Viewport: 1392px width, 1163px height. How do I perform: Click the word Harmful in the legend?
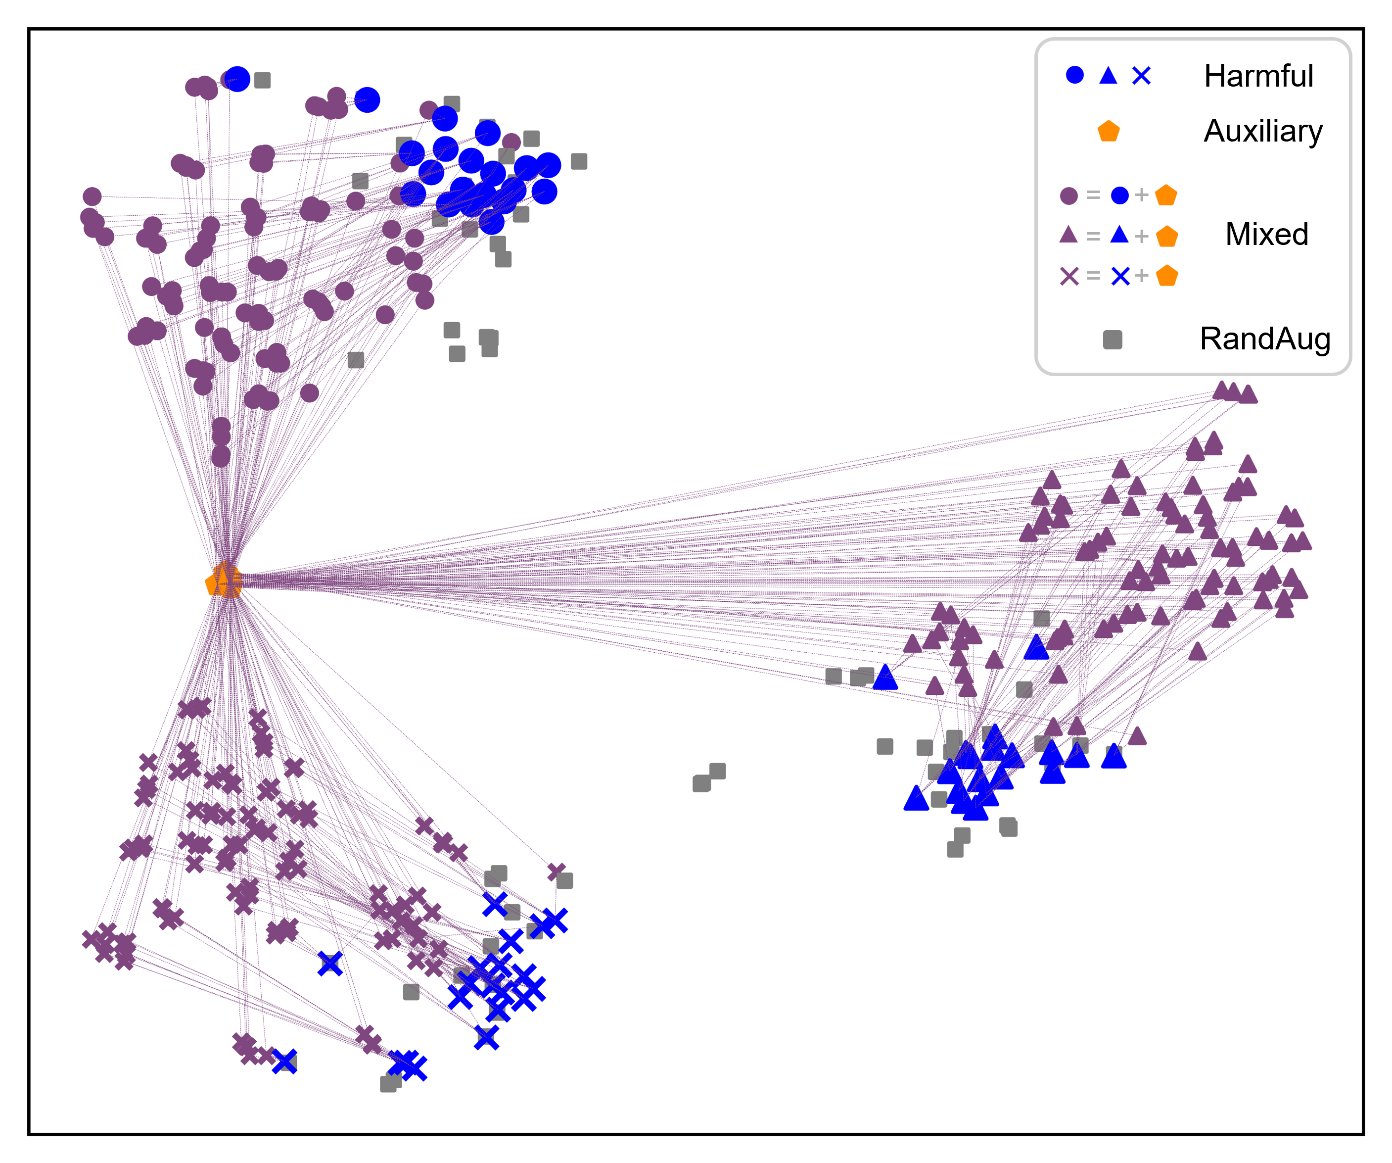pos(1258,76)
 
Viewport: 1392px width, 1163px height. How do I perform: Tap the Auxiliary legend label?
pos(1263,131)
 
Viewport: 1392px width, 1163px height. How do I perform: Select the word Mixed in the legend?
pos(1266,234)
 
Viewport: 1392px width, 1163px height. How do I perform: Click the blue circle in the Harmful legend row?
pos(1074,76)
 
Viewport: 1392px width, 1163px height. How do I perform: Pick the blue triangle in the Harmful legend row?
pos(1108,76)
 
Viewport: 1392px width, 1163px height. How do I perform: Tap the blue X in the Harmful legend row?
pos(1141,76)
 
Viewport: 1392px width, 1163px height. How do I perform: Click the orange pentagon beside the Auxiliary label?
pos(1108,131)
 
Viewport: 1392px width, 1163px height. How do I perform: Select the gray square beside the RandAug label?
pos(1113,340)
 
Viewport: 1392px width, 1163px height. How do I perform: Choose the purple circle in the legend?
pos(1068,195)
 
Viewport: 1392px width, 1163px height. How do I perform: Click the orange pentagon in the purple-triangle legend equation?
pos(1166,236)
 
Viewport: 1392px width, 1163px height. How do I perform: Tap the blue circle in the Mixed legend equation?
pos(1119,195)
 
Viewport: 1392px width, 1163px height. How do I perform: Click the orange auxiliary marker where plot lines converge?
pos(224,581)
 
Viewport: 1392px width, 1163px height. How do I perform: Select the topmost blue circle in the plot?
pos(237,79)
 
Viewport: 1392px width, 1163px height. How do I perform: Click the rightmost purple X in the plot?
pos(556,872)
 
